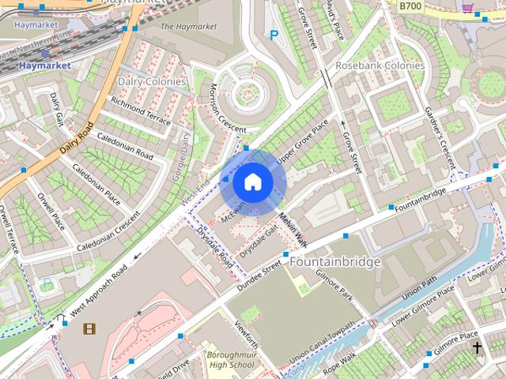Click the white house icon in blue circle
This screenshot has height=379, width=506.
pos(252,182)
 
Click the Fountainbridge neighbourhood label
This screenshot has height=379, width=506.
pos(335,261)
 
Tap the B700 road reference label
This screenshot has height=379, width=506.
pos(410,6)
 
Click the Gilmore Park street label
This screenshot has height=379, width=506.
pos(334,285)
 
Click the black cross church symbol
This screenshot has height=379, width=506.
pos(477,347)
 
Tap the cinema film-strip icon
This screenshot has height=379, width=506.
pos(89,328)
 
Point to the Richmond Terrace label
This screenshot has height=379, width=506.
pos(141,111)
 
